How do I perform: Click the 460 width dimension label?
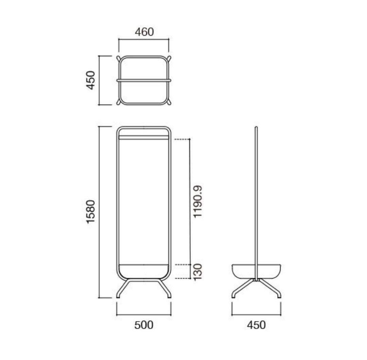[144, 32]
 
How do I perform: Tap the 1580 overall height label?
[91, 212]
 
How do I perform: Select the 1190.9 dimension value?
[197, 202]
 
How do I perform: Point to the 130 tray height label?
[198, 272]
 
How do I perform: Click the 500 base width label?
[144, 325]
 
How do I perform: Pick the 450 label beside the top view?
[91, 80]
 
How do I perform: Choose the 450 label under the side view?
[256, 325]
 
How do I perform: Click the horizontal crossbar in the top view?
[144, 80]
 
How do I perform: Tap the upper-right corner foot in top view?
[169, 58]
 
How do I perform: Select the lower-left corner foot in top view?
[119, 102]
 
